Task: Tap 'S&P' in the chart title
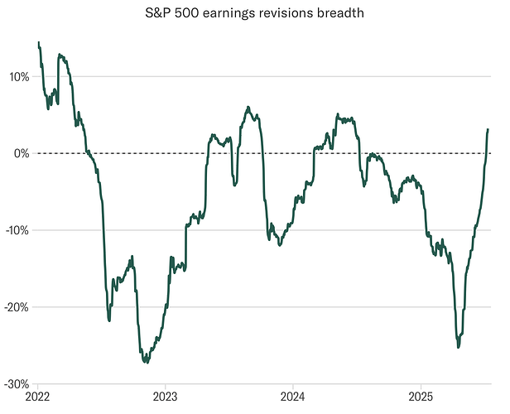click(x=174, y=13)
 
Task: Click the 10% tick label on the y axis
click(x=18, y=77)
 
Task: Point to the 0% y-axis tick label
click(x=21, y=153)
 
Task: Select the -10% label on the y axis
click(x=17, y=230)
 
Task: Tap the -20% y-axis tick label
click(x=17, y=307)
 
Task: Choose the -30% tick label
click(x=17, y=383)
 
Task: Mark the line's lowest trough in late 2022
click(x=146, y=362)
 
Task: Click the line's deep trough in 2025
click(x=459, y=347)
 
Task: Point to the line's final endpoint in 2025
click(x=488, y=129)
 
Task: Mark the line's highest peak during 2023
click(x=248, y=108)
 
